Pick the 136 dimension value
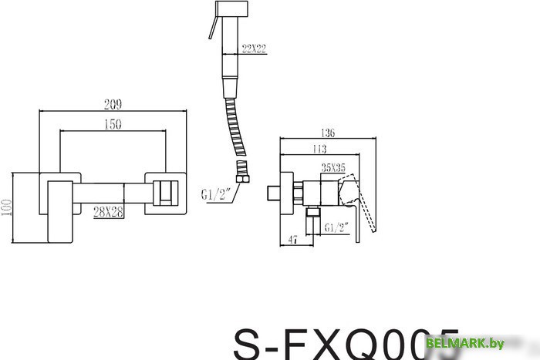click(x=330, y=133)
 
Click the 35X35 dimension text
click(x=333, y=166)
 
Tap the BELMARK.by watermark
click(x=491, y=342)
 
